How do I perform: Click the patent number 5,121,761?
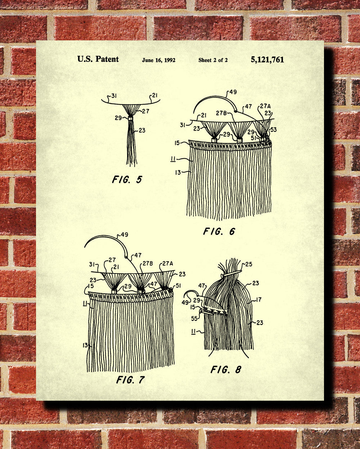tap(267, 60)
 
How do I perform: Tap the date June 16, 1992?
tap(159, 60)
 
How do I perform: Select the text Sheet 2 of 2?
tap(213, 60)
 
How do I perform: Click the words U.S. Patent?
tap(98, 59)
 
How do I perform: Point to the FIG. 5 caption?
tap(127, 179)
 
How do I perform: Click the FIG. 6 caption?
tap(219, 231)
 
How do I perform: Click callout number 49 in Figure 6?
tap(233, 92)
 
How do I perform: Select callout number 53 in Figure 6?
tap(273, 130)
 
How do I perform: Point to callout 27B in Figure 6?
tap(221, 113)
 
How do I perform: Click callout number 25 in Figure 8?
tap(249, 264)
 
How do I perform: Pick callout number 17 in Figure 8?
tap(258, 300)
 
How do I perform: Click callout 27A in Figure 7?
tap(168, 263)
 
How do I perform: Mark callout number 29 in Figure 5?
tap(118, 118)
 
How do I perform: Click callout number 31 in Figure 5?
tap(114, 96)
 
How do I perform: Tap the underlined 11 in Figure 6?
tap(173, 159)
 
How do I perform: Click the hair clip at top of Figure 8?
tap(231, 273)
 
